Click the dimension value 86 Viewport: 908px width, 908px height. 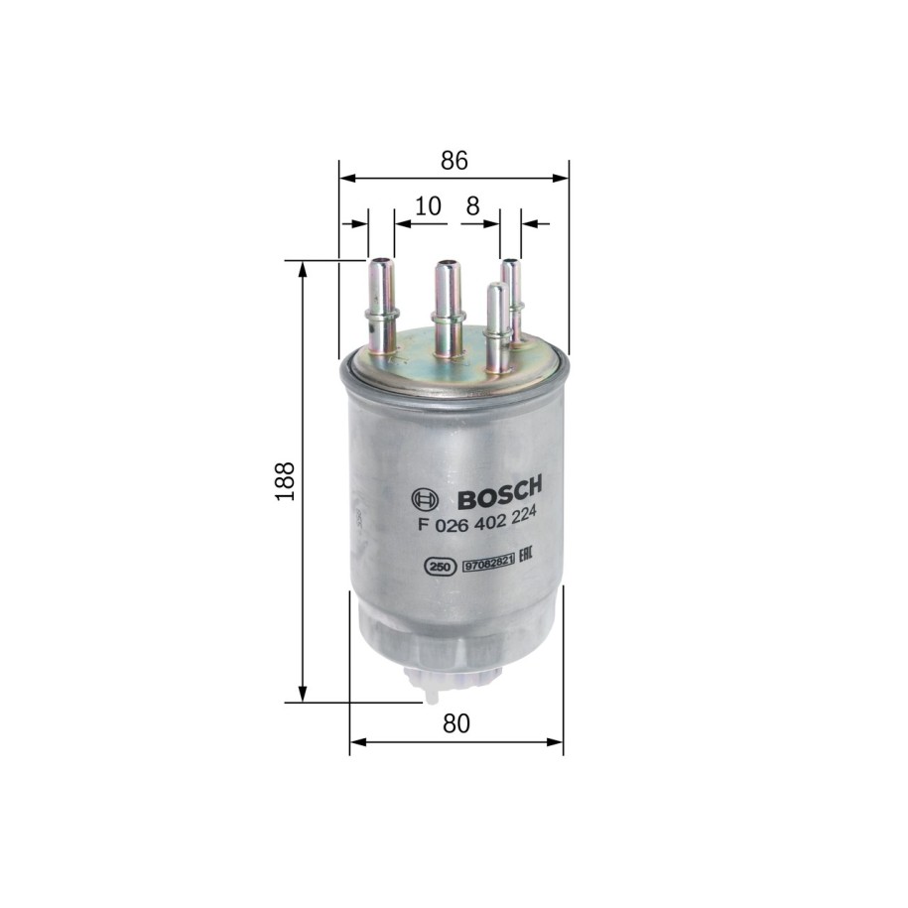click(454, 161)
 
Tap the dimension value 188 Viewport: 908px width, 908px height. click(285, 481)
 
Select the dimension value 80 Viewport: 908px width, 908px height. click(456, 723)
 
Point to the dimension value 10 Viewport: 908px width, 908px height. click(428, 205)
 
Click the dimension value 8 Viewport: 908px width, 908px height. click(473, 205)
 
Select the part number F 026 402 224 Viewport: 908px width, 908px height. click(476, 521)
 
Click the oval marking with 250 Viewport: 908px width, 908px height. click(440, 568)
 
